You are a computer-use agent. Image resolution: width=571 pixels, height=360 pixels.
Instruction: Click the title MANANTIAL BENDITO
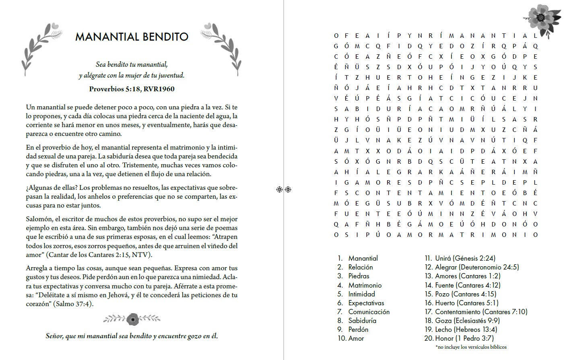pos(132,37)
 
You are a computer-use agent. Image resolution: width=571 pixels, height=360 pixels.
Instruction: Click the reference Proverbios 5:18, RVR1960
pos(132,89)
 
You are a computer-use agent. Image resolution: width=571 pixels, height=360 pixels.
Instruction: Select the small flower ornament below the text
pos(132,319)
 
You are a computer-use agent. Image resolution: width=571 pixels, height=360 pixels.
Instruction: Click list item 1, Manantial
pos(363,258)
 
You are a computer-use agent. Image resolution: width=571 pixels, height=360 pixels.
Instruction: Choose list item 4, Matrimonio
pos(365,285)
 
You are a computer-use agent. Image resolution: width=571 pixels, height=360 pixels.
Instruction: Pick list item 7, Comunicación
pos(369,312)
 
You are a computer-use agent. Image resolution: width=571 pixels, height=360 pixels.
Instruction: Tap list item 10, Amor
pos(356,338)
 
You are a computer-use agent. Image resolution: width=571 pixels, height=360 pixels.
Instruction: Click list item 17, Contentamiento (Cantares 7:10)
pos(481,312)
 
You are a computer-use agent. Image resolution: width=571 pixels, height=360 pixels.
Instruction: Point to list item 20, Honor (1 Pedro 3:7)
pos(464,338)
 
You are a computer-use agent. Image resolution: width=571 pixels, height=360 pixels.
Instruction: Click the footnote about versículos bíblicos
pos(471,347)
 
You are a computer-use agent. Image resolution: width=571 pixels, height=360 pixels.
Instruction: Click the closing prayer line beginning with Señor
pos(132,336)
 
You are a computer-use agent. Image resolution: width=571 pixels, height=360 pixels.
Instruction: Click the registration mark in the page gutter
pos(284,189)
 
